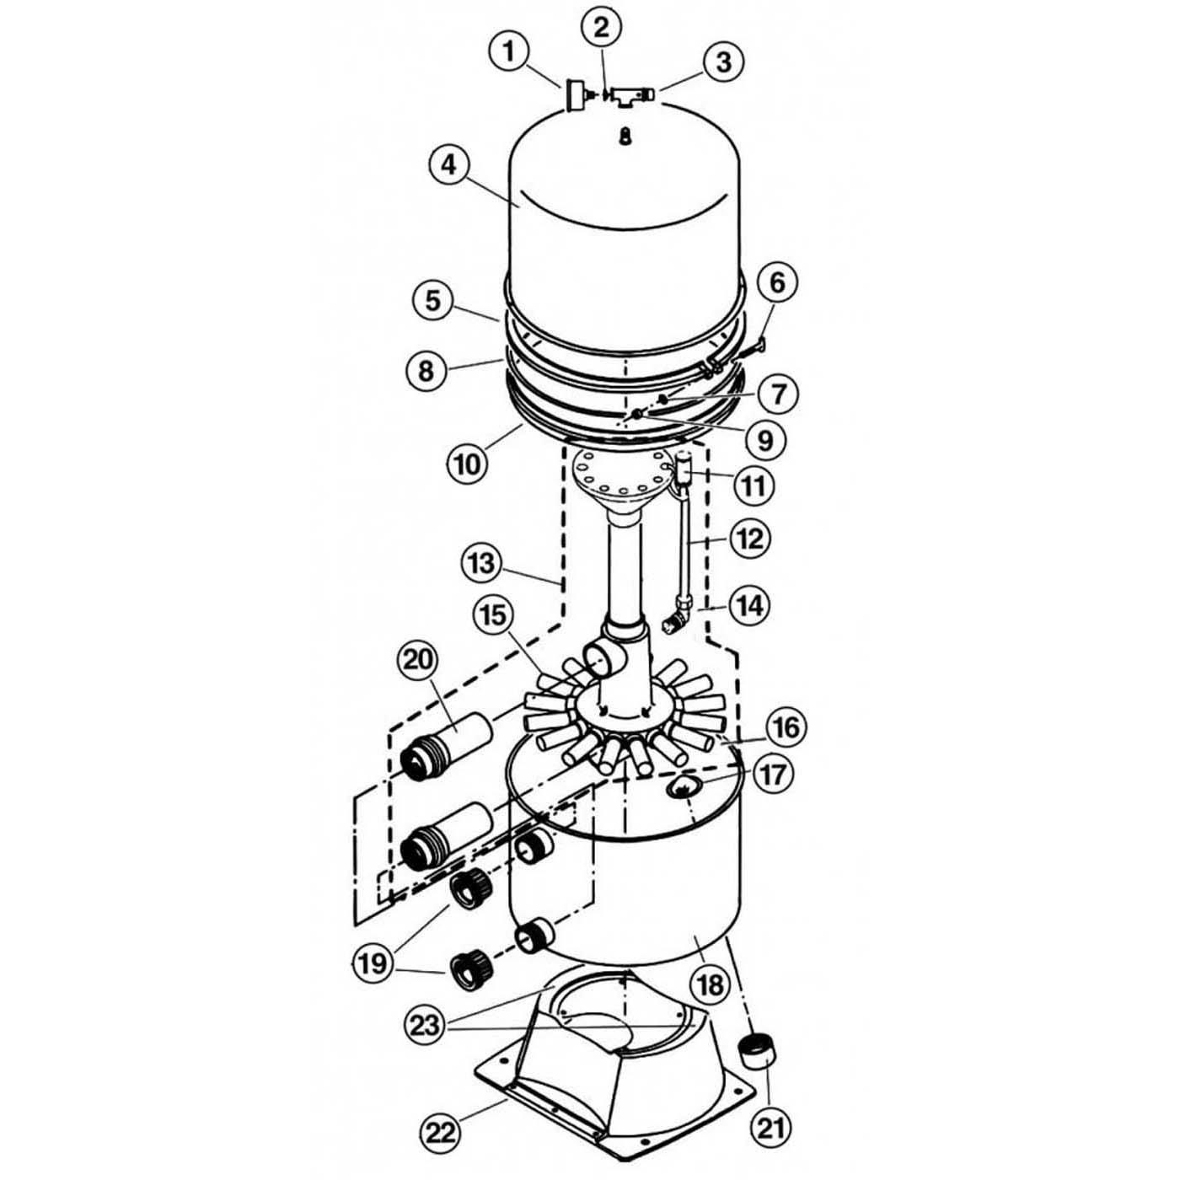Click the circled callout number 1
click(x=508, y=52)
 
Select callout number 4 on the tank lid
click(x=448, y=165)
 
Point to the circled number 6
click(x=776, y=283)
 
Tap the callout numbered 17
click(x=772, y=775)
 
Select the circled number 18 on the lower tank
click(x=711, y=984)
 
